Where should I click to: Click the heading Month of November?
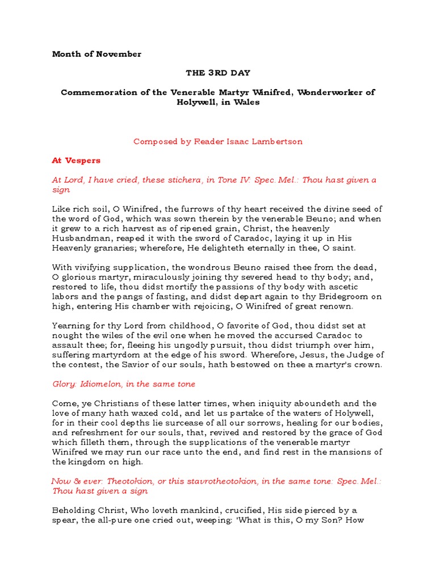click(97, 54)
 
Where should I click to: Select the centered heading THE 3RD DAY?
click(217, 73)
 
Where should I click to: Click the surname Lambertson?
click(280, 142)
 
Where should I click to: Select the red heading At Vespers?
click(76, 161)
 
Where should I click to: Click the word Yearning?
click(71, 326)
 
